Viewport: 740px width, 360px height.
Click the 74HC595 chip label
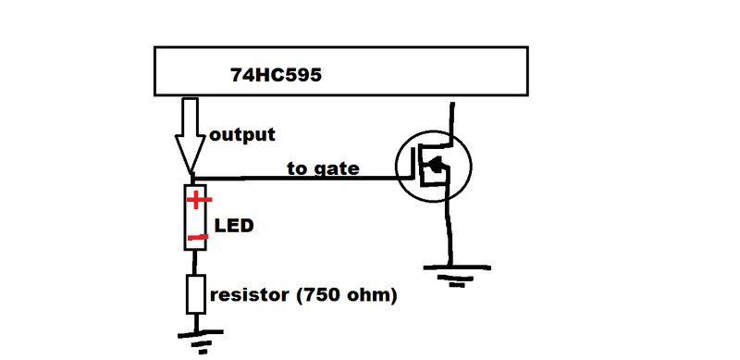(x=276, y=75)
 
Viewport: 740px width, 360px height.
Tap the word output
(x=242, y=135)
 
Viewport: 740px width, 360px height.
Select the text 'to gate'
(x=323, y=168)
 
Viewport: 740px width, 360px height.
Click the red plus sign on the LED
(x=199, y=200)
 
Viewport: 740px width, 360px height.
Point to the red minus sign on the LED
(x=197, y=237)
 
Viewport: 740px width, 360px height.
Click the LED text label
(x=234, y=226)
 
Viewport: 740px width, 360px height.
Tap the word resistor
(x=249, y=295)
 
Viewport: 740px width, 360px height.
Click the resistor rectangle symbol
(x=196, y=294)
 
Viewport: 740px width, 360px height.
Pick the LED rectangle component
(x=195, y=217)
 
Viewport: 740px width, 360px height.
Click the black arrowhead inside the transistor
(x=436, y=165)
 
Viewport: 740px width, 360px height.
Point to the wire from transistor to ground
(x=449, y=234)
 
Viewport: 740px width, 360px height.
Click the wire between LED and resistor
(x=195, y=263)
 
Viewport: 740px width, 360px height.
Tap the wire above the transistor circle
(x=452, y=118)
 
